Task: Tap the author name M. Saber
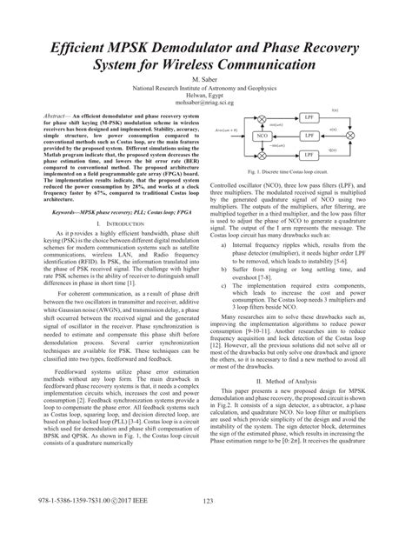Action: pos(206,79)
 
